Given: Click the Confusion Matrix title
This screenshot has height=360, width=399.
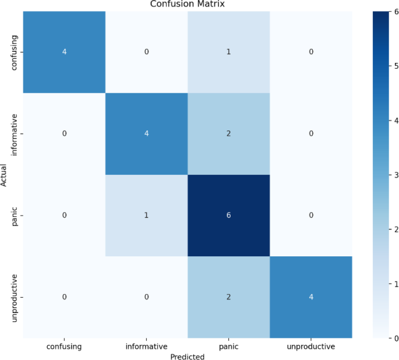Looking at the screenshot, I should pos(188,4).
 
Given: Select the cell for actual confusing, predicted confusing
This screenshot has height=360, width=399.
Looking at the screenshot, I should pos(64,51).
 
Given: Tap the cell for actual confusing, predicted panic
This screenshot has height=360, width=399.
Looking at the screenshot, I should pos(229,51).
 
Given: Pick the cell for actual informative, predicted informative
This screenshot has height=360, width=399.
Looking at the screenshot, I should pos(146,133).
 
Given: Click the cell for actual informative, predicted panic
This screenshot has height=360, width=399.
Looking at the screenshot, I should pos(229,133).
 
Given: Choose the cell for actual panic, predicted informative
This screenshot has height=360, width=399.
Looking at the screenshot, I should pos(146,216).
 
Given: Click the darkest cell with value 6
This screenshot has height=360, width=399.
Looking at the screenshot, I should pos(229,216).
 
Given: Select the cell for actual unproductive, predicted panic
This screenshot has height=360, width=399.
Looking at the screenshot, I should pos(229,297).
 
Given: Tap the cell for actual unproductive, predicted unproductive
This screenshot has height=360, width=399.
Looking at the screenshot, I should pos(311,297).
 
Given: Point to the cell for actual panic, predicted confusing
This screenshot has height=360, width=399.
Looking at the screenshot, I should pos(64,216).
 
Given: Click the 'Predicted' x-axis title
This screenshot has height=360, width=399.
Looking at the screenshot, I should pos(188,356).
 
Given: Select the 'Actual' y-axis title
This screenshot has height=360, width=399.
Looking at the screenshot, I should pos(5,174).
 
